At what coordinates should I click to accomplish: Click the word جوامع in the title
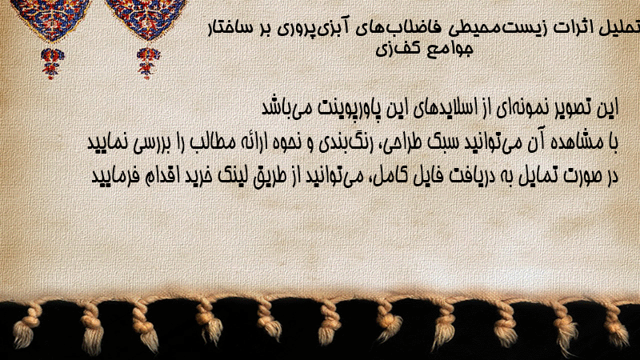tap(450, 49)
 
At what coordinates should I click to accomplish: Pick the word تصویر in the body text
tap(574, 109)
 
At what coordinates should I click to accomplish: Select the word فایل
tap(406, 176)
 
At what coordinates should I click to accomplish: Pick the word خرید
tap(195, 176)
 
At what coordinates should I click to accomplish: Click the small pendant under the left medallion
tap(52, 63)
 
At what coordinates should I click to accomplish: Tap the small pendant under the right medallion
tap(148, 63)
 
